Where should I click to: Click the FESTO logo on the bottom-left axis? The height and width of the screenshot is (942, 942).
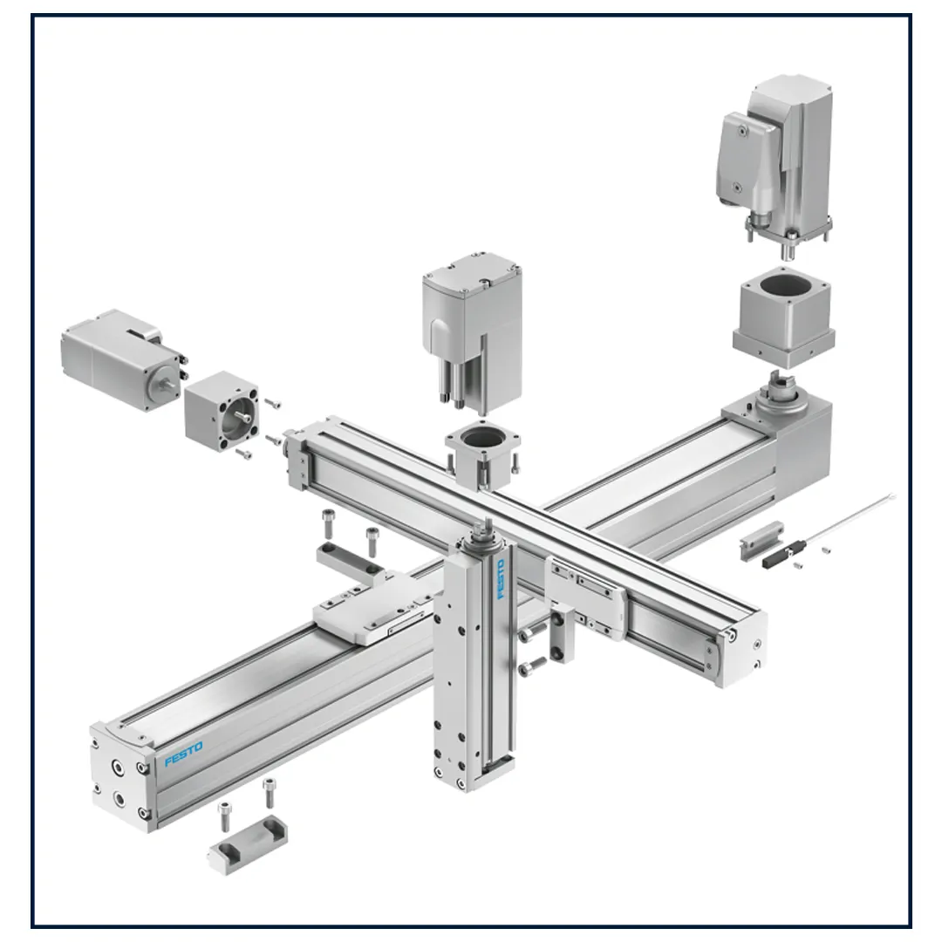pyautogui.click(x=184, y=754)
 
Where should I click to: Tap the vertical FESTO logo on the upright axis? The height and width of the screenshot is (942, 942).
pyautogui.click(x=501, y=579)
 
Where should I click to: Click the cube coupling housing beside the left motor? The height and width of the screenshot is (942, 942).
pyautogui.click(x=222, y=411)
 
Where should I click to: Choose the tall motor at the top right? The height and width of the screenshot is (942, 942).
pyautogui.click(x=775, y=162)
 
